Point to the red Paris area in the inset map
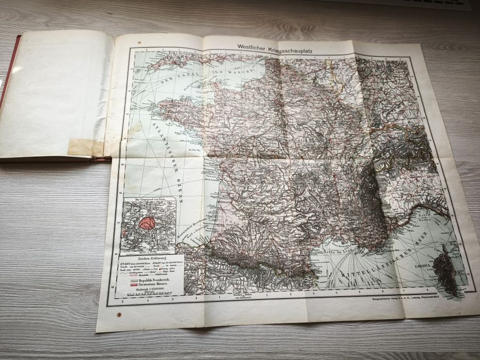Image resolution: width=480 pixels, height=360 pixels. pos(147,223)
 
